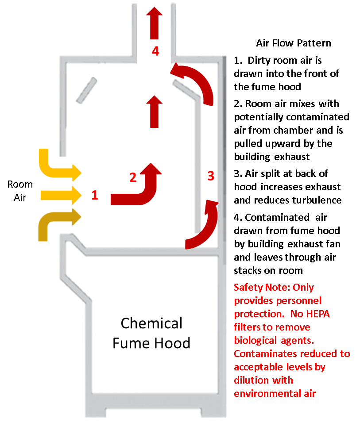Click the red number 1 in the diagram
(94, 195)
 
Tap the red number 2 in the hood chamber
(133, 177)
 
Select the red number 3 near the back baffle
(211, 176)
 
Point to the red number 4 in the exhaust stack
(155, 51)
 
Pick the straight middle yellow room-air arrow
(61, 195)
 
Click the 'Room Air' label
(20, 191)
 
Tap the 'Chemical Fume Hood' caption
(151, 333)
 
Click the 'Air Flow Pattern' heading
(293, 43)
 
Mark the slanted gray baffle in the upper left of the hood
(86, 89)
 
